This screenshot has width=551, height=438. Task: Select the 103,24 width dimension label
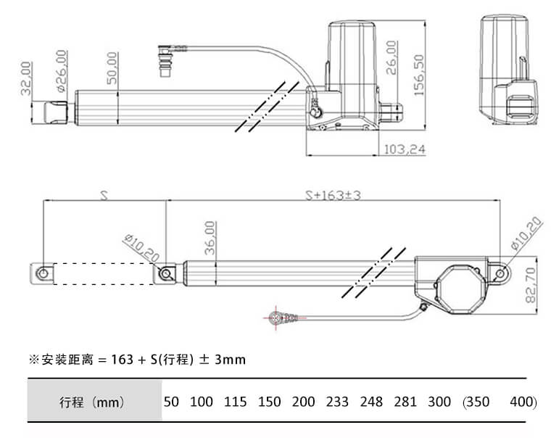point(404,149)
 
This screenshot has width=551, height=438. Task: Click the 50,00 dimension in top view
point(112,69)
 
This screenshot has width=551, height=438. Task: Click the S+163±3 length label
point(333,195)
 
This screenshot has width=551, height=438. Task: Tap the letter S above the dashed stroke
point(104,196)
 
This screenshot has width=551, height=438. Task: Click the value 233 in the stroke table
point(337,402)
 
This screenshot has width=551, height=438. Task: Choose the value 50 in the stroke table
point(170,402)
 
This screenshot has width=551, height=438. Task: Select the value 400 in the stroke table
point(521,402)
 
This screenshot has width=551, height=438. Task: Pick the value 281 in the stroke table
point(405,402)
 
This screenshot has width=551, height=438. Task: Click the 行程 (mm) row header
point(91,402)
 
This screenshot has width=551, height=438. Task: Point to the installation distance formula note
point(137,359)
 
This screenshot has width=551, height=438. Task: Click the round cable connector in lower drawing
point(275,318)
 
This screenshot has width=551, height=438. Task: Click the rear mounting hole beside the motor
point(500,273)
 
